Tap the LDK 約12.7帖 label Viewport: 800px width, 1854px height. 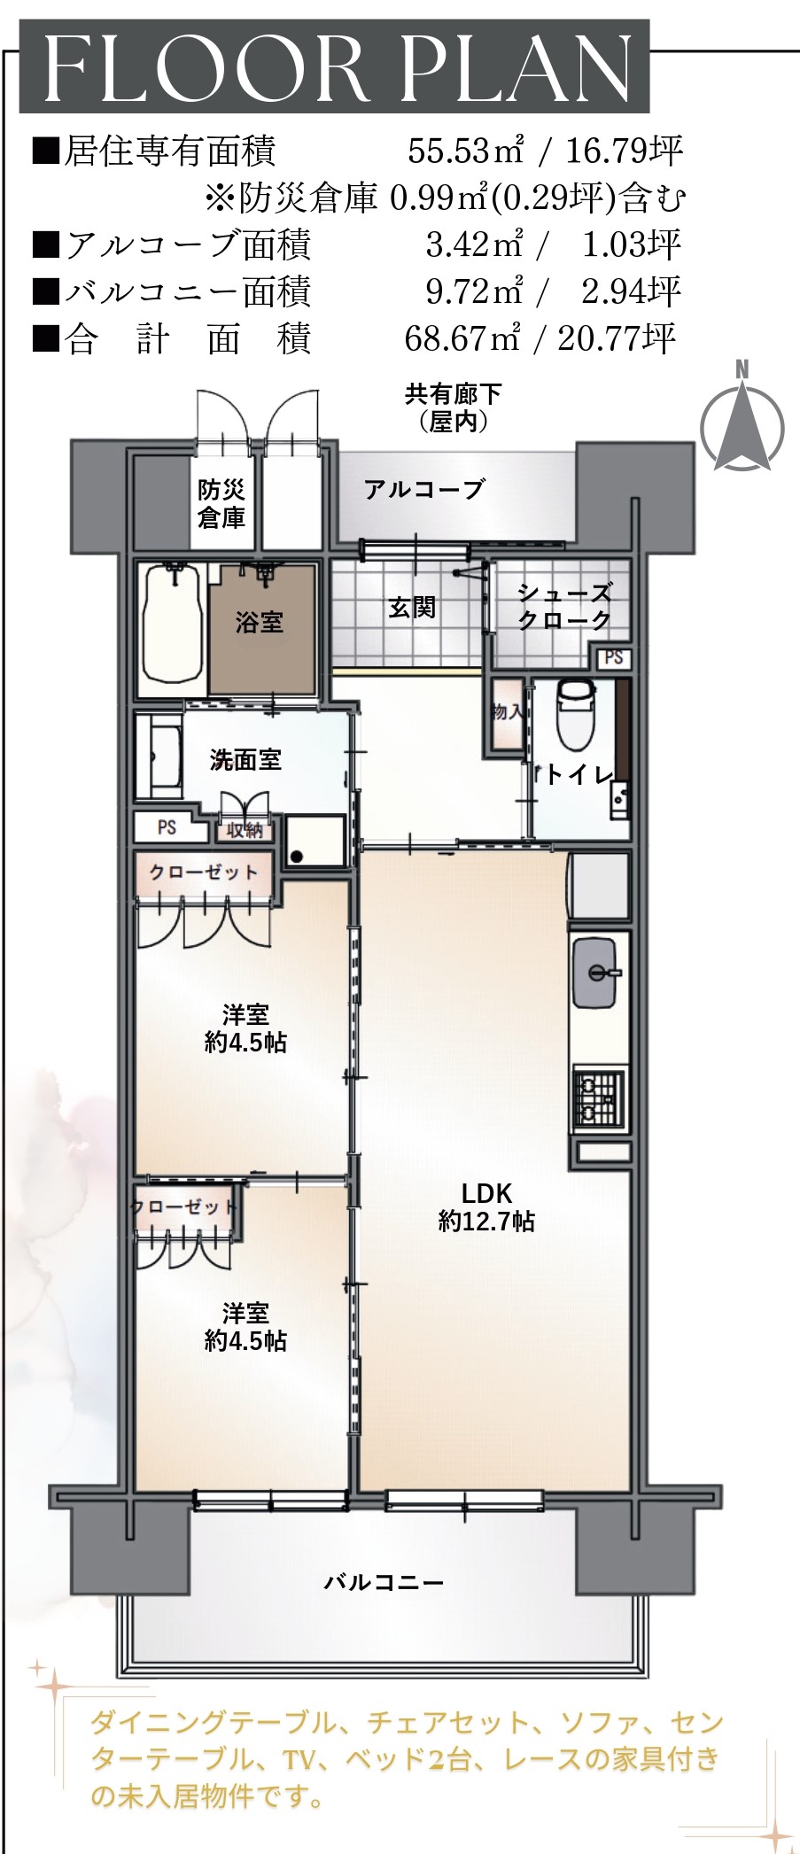(x=486, y=1207)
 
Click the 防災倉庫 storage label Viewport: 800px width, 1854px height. (x=221, y=503)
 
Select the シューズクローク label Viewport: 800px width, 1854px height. (x=564, y=607)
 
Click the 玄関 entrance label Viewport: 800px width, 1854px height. (x=412, y=608)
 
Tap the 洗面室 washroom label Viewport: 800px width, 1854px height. (x=245, y=759)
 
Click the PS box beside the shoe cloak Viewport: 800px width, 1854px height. (x=614, y=658)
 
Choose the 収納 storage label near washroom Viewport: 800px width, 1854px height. (x=245, y=830)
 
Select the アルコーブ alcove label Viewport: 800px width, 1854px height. (x=425, y=489)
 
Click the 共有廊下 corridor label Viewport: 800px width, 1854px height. (x=454, y=393)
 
